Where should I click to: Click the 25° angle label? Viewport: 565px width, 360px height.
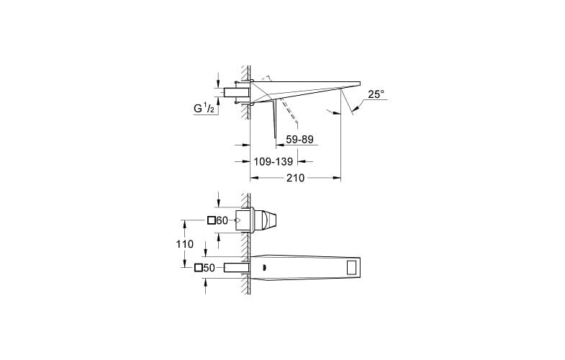point(376,94)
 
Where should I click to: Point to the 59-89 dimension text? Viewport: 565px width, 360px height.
point(300,140)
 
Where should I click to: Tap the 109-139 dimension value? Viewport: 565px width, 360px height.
point(272,162)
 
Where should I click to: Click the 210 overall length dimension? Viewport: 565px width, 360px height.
point(295,178)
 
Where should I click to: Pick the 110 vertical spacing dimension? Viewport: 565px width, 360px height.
point(185,244)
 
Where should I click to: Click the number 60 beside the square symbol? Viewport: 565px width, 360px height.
point(222,220)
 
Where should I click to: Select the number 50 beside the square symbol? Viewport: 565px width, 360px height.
point(209,268)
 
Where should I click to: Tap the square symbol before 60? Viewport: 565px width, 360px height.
point(212,220)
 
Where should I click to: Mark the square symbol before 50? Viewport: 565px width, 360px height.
point(199,268)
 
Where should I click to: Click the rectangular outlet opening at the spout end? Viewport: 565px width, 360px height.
point(351,268)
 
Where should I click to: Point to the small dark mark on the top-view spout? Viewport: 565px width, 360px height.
point(265,268)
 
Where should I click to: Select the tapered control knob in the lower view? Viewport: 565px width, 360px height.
point(270,220)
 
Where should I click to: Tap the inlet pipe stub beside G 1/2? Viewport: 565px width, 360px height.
point(235,92)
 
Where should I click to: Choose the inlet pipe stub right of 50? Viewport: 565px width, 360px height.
point(235,268)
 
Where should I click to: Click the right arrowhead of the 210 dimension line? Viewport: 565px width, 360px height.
point(338,178)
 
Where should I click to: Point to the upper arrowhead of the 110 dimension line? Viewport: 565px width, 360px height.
point(185,222)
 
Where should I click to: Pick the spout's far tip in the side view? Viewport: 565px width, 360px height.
point(358,82)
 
